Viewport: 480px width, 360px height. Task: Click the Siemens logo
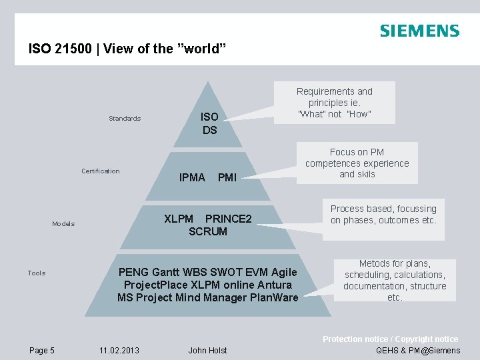[419, 31]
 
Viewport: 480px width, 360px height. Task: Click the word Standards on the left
[125, 119]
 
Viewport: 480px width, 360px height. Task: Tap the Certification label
[101, 171]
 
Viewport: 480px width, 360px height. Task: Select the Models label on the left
[63, 224]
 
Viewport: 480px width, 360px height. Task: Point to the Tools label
[37, 273]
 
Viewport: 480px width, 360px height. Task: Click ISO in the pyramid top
[210, 117]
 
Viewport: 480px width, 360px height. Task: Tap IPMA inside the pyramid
[193, 177]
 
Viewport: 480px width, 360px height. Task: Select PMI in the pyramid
[227, 177]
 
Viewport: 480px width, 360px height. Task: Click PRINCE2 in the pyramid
[228, 219]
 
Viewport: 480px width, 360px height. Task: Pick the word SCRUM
[208, 231]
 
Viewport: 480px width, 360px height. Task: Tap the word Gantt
[165, 272]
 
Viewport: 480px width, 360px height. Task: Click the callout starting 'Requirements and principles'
[335, 103]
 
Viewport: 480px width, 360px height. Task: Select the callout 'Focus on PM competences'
[357, 163]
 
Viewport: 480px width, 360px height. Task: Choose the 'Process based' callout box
[383, 215]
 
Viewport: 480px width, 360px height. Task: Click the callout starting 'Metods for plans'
[395, 281]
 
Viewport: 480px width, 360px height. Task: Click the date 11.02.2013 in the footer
[119, 350]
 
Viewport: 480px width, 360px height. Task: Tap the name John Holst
[208, 350]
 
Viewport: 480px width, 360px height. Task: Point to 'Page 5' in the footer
[42, 350]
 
